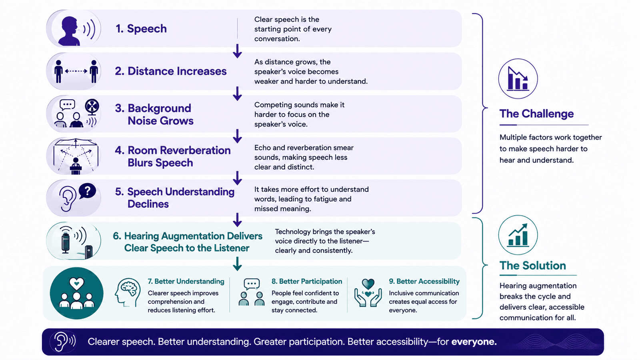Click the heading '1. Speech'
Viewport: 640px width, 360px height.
tap(141, 28)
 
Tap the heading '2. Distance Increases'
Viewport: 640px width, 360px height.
tap(170, 71)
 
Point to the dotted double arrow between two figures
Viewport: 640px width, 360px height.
tap(76, 71)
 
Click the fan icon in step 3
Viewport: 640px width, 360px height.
tap(92, 107)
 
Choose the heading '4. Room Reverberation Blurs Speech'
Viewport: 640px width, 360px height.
tap(172, 156)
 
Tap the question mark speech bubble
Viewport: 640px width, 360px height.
tap(87, 191)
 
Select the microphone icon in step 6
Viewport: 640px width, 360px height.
tap(66, 243)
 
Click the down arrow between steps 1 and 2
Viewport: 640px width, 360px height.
tap(238, 51)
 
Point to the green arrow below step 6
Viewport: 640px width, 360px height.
tap(238, 264)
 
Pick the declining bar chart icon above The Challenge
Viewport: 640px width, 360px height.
tap(518, 78)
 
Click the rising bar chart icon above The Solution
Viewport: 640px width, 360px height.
tap(518, 235)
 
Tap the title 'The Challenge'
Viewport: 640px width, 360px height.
tap(536, 114)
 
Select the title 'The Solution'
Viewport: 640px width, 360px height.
tap(532, 266)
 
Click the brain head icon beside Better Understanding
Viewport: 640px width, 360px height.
tap(128, 292)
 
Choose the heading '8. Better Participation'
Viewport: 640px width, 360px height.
tap(306, 282)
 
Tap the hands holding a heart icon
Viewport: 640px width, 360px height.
tap(368, 292)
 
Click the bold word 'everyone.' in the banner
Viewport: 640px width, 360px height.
tap(474, 342)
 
